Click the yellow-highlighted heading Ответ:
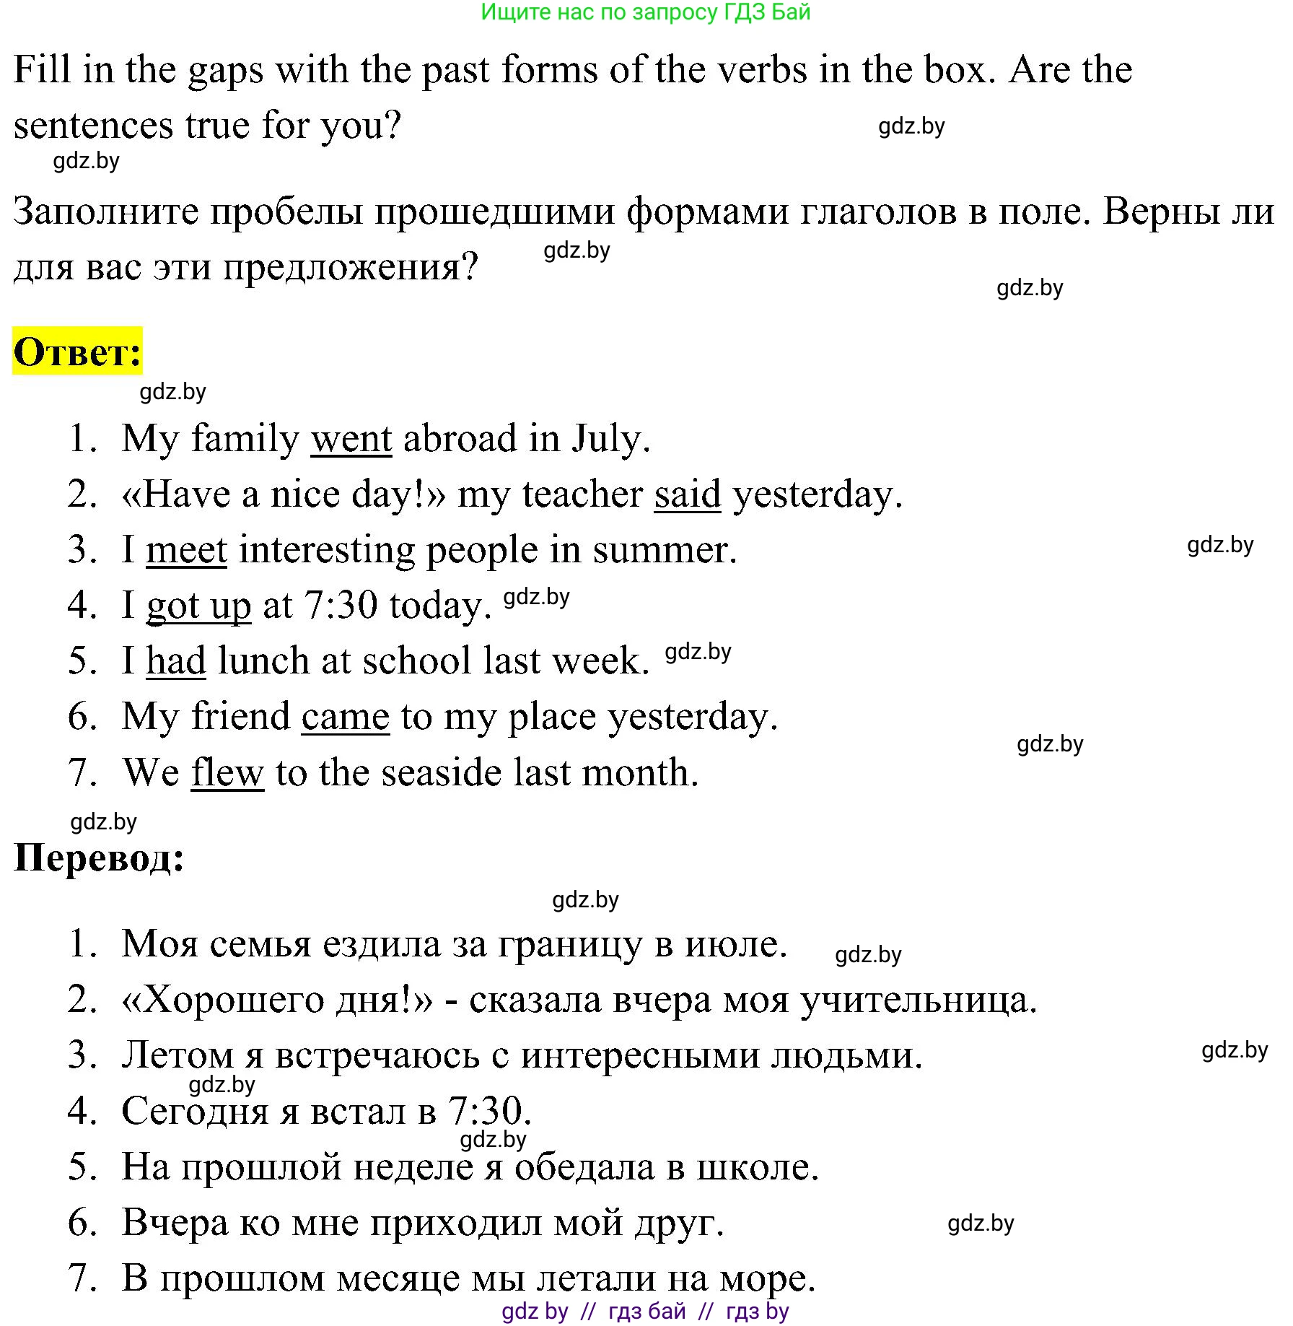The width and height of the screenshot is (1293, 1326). point(77,352)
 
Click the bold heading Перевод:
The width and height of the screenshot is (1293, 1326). point(99,858)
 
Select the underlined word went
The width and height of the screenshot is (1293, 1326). point(351,439)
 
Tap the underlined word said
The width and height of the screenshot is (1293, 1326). point(687,494)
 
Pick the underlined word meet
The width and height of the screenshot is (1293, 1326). point(187,550)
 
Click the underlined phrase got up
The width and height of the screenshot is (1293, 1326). point(198,606)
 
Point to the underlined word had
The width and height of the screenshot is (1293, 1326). point(176,661)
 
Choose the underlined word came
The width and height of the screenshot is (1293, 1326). point(346,717)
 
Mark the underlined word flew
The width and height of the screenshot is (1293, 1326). point(227,772)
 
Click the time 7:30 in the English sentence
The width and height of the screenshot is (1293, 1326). point(341,606)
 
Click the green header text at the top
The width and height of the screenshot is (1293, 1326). point(646,12)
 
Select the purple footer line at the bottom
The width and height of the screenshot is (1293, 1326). point(645,1311)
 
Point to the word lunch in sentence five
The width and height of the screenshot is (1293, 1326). point(263,661)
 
